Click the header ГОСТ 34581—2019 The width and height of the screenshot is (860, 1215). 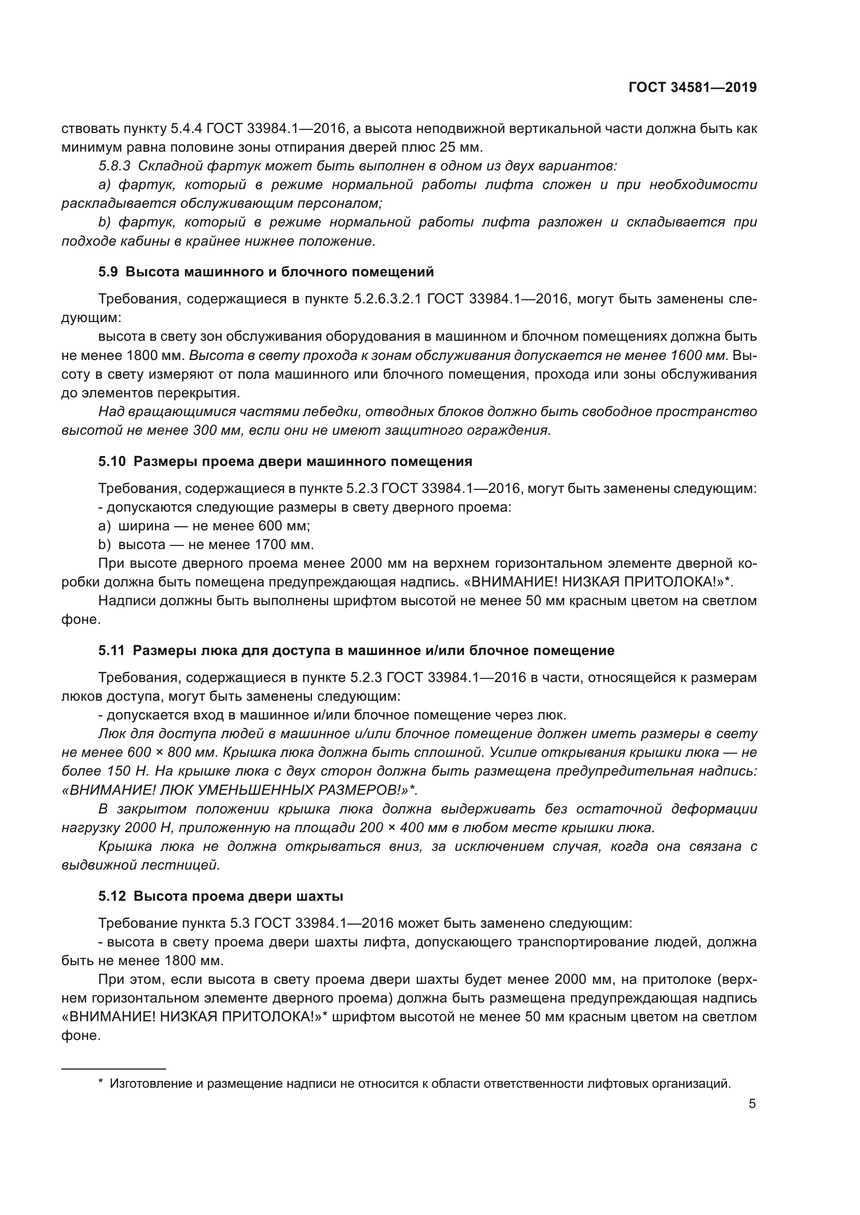692,88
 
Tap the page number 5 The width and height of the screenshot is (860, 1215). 752,1104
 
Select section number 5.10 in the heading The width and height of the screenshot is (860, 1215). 112,461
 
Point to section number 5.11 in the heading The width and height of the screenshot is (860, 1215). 111,650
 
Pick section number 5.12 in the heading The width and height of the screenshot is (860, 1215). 112,897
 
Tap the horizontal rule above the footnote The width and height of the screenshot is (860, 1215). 113,1069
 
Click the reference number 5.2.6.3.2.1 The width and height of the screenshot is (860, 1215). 387,299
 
